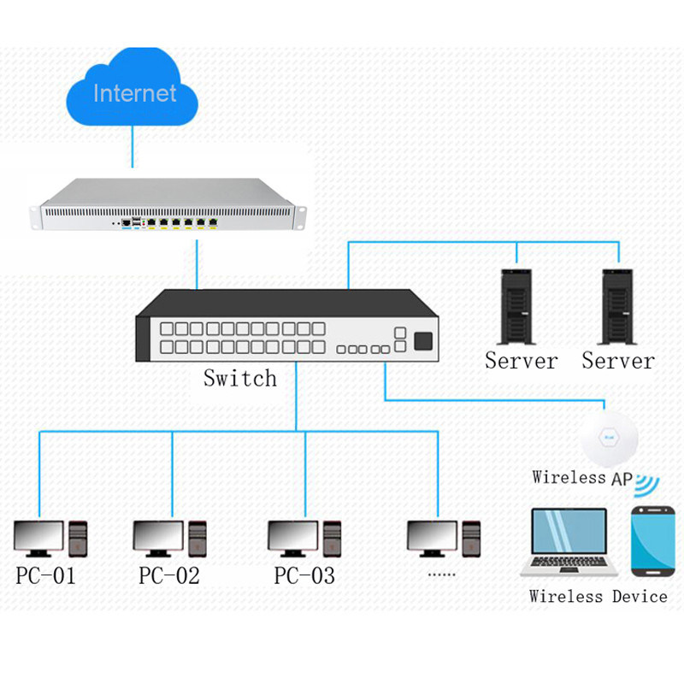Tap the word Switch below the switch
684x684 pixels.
click(240, 377)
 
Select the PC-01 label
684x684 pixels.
click(46, 575)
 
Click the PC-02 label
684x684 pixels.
click(169, 575)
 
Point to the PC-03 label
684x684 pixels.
click(304, 575)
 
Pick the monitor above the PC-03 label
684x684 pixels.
click(292, 537)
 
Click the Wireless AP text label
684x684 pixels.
click(581, 477)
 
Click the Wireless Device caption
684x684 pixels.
click(598, 596)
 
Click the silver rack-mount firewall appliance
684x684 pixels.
click(168, 205)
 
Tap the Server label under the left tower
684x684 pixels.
click(521, 361)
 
